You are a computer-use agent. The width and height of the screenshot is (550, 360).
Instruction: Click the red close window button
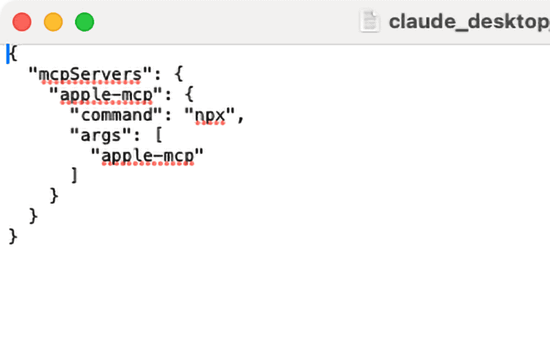tap(22, 22)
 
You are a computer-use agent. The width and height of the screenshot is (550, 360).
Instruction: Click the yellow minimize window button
tap(54, 22)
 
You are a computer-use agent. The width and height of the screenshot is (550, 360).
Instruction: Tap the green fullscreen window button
tap(85, 22)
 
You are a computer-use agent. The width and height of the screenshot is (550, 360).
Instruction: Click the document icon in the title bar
tap(370, 22)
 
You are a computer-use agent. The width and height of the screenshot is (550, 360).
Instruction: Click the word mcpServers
tap(90, 75)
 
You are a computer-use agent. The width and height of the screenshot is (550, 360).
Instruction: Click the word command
tap(117, 115)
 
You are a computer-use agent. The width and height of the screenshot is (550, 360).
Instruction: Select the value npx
tap(210, 115)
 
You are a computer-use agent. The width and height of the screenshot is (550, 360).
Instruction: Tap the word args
tap(100, 135)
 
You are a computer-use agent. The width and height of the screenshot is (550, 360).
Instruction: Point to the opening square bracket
tap(159, 135)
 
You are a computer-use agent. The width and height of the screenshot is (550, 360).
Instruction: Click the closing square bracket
tap(74, 175)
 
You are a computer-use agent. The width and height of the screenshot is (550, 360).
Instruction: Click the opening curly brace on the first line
tap(13, 54)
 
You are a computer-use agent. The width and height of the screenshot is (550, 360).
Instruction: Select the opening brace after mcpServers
tap(179, 74)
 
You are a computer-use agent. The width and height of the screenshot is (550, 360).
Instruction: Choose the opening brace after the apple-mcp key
tap(189, 94)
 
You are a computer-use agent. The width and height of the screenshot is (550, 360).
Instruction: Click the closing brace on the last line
tap(12, 236)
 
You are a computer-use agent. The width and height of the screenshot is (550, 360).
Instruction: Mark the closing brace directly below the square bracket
tap(54, 196)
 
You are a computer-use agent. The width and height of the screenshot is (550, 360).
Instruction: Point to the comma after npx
tap(240, 119)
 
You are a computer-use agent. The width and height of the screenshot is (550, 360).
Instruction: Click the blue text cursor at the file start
tap(8, 54)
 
